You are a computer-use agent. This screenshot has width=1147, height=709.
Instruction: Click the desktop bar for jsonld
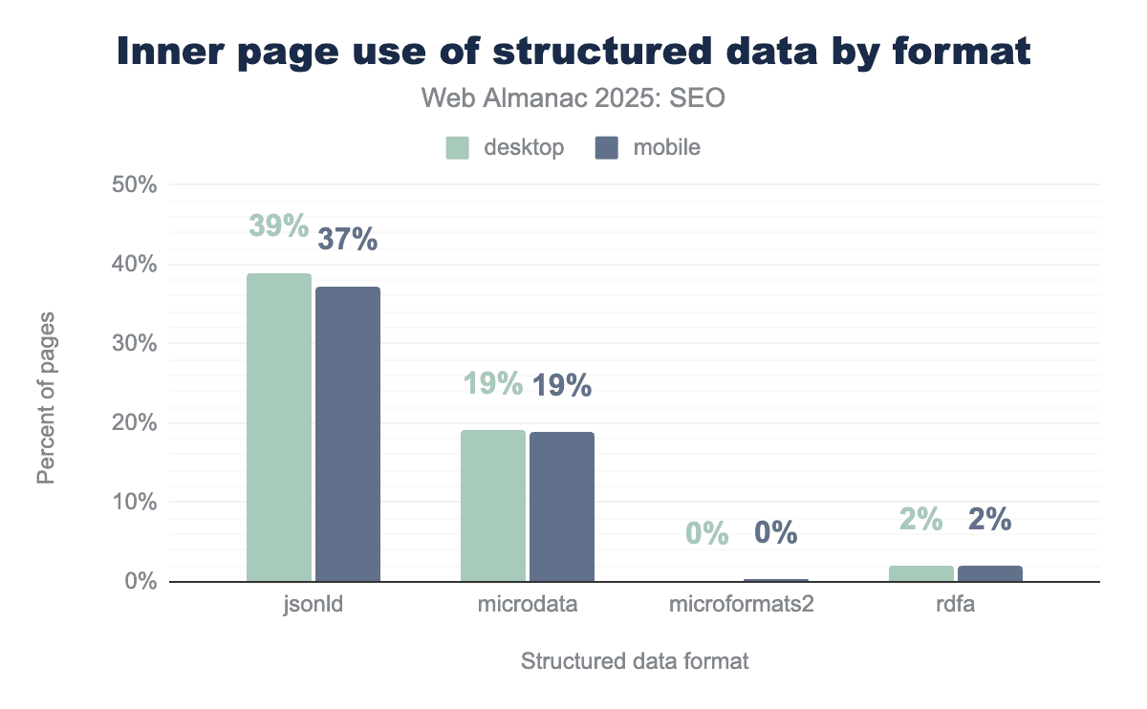[279, 427]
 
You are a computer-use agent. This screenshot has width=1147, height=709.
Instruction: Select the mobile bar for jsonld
[348, 434]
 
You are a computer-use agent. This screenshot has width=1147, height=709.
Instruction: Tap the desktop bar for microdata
[493, 505]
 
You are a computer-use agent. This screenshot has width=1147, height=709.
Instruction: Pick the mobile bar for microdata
[562, 506]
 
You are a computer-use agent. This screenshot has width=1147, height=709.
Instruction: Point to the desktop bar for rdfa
[921, 573]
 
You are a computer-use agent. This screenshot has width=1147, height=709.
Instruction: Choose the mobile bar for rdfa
[990, 573]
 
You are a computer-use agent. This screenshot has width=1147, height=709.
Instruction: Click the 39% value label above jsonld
[279, 226]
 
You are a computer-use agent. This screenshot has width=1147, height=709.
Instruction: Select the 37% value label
[348, 239]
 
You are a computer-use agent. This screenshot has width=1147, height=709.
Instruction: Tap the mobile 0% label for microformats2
[776, 532]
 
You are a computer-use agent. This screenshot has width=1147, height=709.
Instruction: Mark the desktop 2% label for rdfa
[921, 519]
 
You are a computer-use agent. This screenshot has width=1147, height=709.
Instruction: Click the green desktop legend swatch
[458, 148]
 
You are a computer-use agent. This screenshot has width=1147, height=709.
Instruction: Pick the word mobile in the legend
[666, 148]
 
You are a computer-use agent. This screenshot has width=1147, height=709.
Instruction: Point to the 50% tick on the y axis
[134, 184]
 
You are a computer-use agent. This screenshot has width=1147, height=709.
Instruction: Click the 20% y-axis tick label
[134, 423]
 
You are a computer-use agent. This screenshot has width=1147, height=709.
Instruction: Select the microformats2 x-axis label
[741, 605]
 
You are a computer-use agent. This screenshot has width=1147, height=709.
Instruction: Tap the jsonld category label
[314, 605]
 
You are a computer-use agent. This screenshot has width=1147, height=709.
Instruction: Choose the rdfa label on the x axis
[956, 605]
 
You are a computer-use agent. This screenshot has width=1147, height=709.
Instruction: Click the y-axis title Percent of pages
[45, 396]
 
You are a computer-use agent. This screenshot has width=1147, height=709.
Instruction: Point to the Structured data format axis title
[635, 661]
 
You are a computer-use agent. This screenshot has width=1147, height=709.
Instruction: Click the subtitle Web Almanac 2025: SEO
[573, 98]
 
